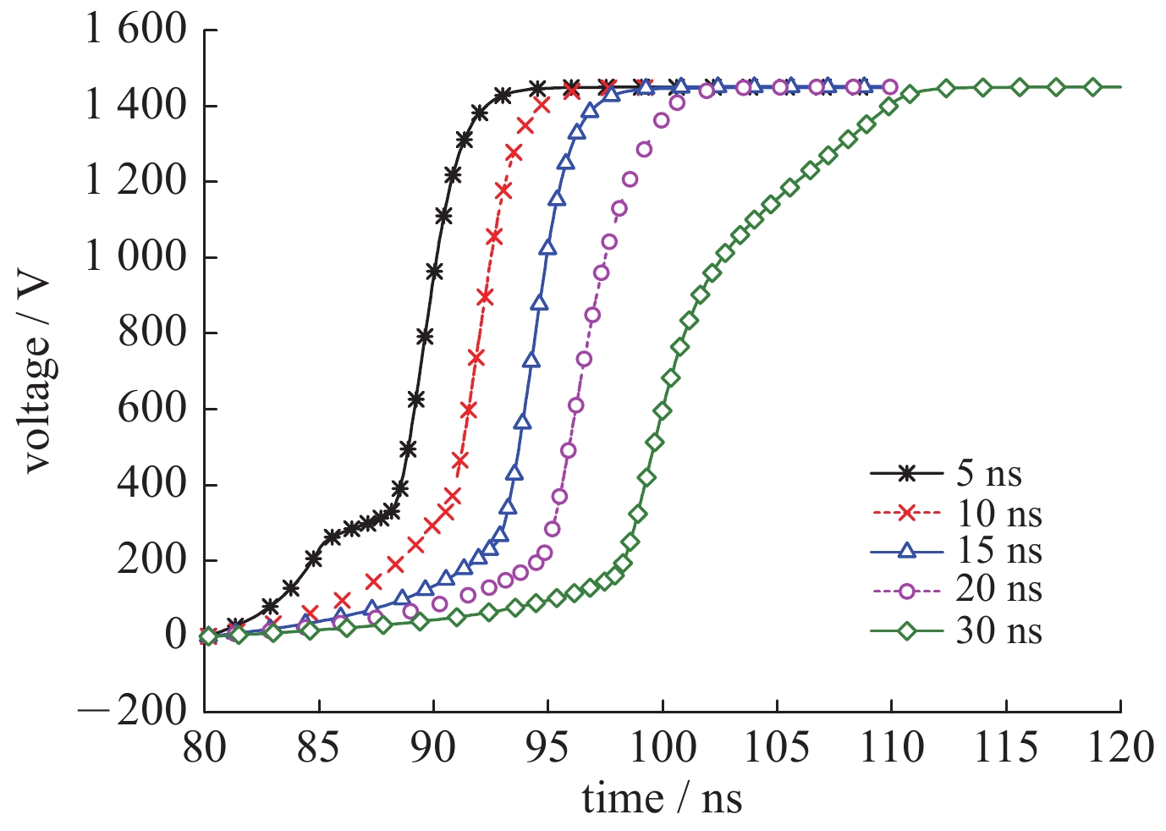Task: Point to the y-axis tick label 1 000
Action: [135, 256]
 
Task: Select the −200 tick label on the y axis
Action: [132, 711]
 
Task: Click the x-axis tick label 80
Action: [205, 748]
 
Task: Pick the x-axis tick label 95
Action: [548, 748]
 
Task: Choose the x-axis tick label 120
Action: [1120, 748]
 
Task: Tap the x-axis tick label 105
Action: [778, 748]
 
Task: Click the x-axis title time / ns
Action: [662, 799]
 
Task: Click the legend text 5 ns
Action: [988, 474]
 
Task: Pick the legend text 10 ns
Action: [998, 513]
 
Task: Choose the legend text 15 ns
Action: [998, 551]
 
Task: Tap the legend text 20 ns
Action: [998, 590]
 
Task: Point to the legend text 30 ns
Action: [998, 630]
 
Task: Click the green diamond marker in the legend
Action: [906, 630]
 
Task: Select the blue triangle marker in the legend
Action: [906, 552]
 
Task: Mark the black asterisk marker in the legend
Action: [906, 474]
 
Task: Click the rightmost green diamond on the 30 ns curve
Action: [1092, 86]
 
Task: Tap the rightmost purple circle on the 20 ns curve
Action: [889, 86]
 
